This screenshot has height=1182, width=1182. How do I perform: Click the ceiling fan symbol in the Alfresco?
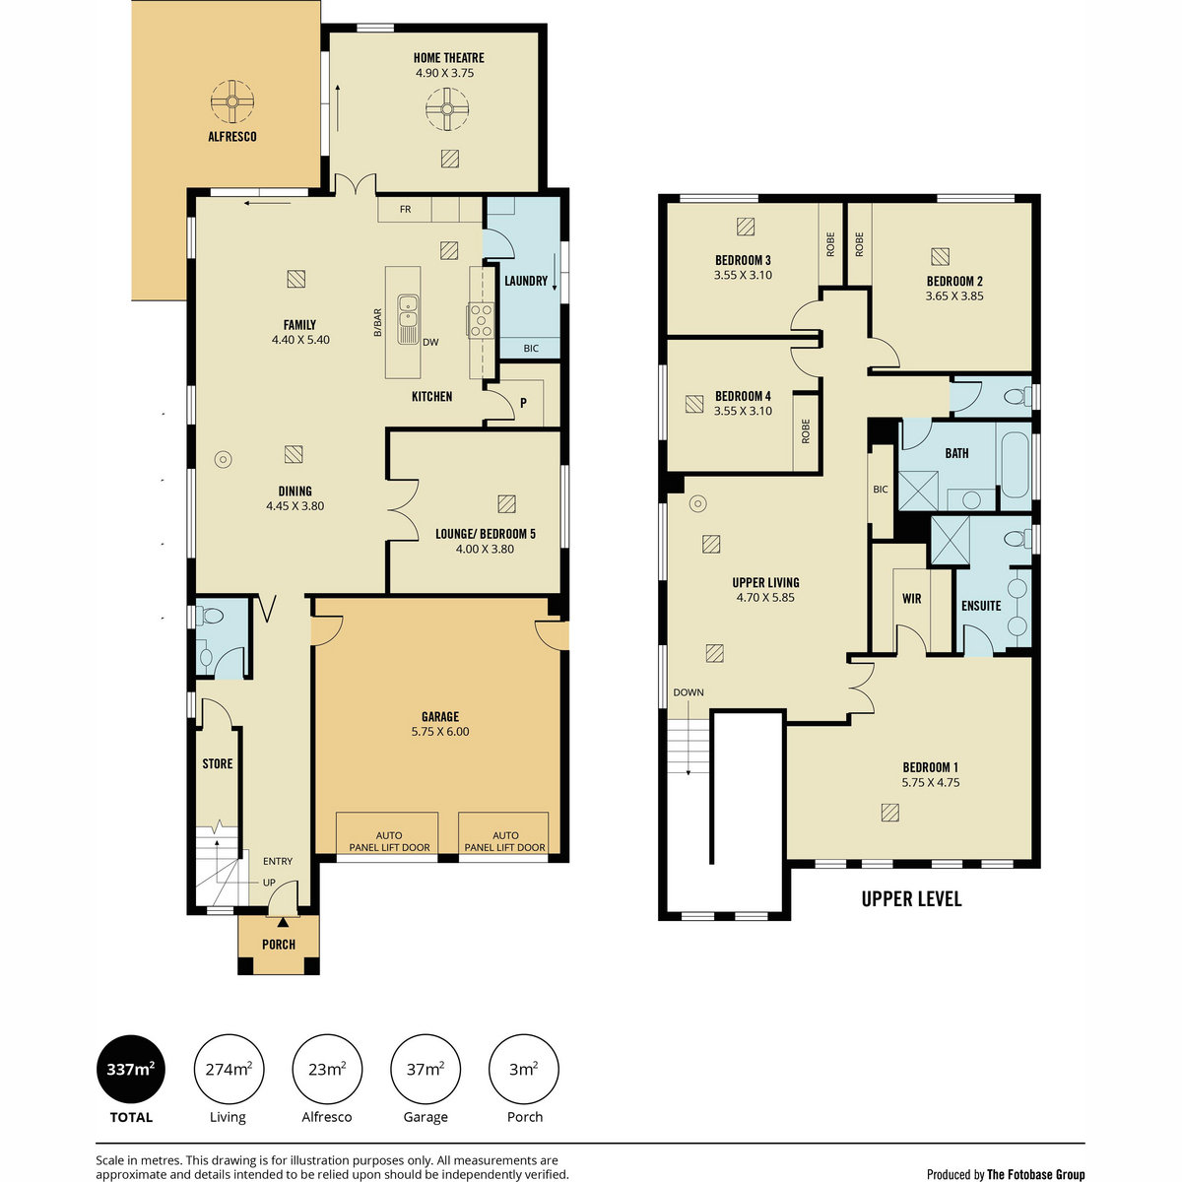coord(231,101)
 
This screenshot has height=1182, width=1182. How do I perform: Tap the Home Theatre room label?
coord(448,58)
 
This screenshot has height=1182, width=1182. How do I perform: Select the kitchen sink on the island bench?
coord(407,319)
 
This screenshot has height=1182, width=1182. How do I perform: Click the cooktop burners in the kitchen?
coord(481,319)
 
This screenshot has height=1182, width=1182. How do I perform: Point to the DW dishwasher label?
coord(430,342)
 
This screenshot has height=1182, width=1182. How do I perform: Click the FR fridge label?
coord(405,209)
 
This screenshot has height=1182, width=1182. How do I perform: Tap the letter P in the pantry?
coord(523,403)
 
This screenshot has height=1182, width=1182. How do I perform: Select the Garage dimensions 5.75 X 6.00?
coord(440,731)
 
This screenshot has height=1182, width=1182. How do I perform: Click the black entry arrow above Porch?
coord(283,922)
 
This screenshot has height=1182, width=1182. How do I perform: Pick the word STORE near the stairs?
coord(218,763)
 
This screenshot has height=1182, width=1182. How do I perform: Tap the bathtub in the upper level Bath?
coord(1016,465)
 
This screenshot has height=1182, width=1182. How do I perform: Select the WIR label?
coord(911,599)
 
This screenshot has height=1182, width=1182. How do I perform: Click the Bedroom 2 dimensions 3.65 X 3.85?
coord(954,295)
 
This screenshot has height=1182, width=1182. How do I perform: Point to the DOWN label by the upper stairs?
coord(689,692)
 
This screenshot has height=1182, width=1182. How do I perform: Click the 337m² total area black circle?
coord(131,1070)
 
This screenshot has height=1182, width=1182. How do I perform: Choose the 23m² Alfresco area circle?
coord(327,1070)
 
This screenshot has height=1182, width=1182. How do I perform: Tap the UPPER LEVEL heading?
coord(911,899)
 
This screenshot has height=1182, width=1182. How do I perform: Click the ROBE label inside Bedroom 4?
coord(806,431)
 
